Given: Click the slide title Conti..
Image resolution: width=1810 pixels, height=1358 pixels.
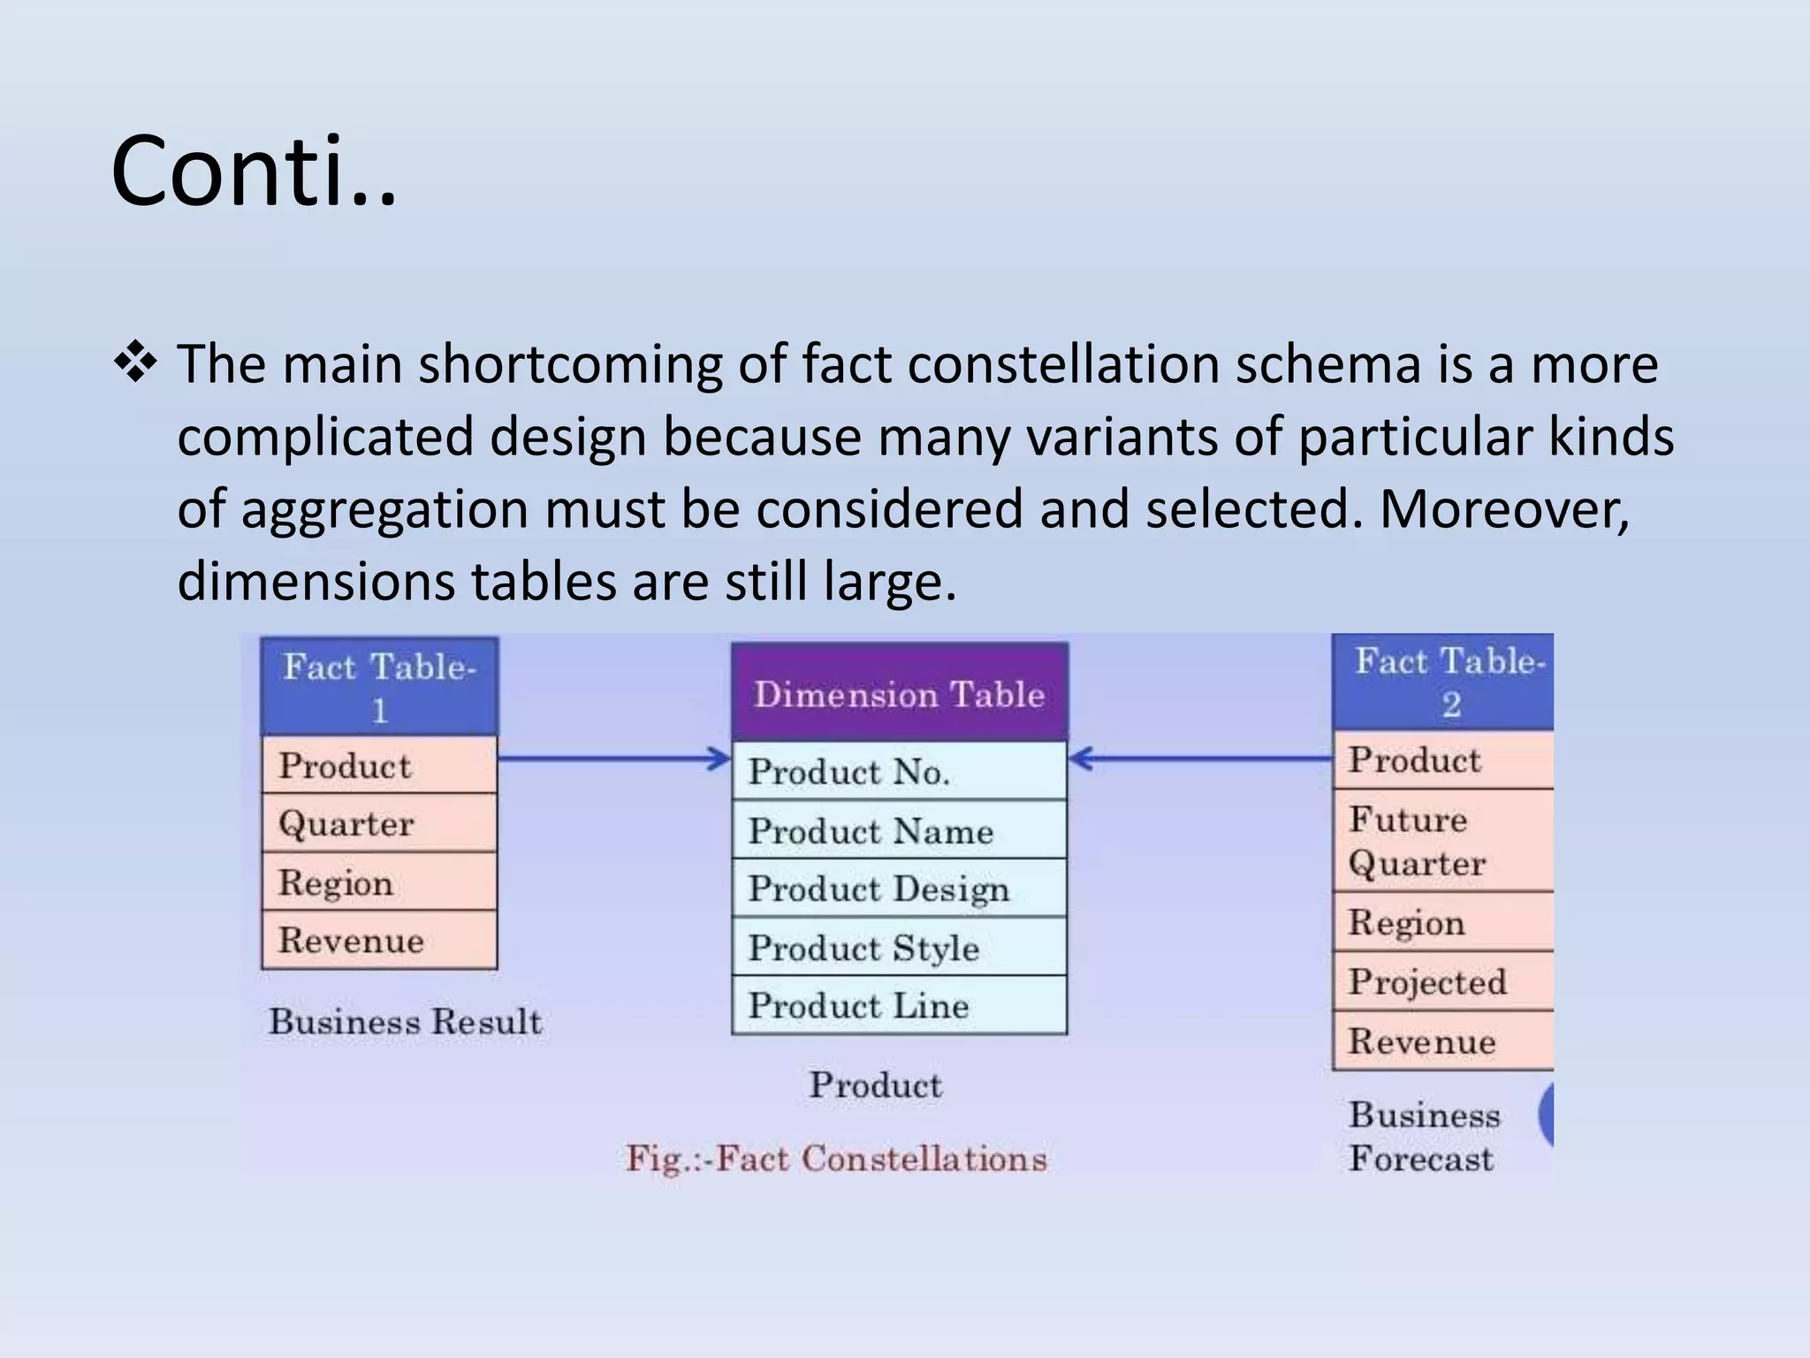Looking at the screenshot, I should tap(254, 171).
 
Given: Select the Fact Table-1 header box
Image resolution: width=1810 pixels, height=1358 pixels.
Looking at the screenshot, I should tap(379, 687).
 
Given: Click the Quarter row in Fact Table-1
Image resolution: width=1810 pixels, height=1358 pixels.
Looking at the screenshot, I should tap(379, 824).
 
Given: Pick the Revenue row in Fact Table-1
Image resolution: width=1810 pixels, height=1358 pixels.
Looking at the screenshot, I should tap(379, 941).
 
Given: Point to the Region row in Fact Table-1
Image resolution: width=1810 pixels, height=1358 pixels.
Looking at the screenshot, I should tap(379, 882).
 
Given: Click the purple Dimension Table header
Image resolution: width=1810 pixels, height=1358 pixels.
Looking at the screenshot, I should tap(900, 693).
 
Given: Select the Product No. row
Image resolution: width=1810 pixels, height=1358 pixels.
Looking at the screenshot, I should tap(900, 772).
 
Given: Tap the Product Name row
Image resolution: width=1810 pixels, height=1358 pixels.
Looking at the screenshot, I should tap(900, 831).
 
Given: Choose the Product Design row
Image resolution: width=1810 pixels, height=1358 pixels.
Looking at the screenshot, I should tap(900, 889).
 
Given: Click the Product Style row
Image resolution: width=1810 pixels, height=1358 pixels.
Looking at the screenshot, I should tap(900, 948).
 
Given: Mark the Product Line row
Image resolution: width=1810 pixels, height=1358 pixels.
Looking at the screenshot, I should tap(900, 1006).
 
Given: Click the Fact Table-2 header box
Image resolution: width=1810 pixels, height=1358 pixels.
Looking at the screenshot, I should tap(1443, 683).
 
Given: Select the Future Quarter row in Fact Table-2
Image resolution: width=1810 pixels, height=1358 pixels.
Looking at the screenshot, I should tap(1443, 841).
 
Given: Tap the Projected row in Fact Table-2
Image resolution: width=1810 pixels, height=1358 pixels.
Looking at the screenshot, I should tap(1443, 982).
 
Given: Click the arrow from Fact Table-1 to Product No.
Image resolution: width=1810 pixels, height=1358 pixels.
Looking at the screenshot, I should tap(613, 759).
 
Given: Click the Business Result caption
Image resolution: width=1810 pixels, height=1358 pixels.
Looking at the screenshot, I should tap(406, 1022).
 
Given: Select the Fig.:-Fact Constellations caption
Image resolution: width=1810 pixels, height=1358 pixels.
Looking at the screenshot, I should tap(836, 1158).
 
